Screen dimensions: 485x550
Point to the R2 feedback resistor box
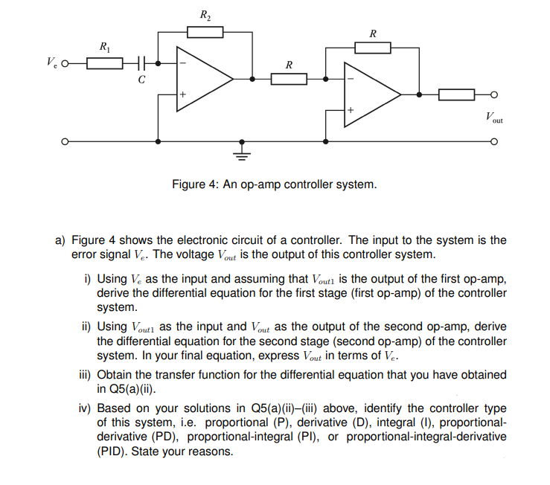tap(205, 31)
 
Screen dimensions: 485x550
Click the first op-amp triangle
tap(202, 78)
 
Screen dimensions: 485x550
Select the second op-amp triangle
tap(370, 94)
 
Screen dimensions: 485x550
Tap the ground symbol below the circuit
tap(240, 154)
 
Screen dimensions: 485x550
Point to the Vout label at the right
tap(494, 117)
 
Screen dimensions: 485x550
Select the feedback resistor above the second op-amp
tap(372, 48)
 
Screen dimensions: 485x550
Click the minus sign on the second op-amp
tap(349, 78)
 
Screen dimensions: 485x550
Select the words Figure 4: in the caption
tap(195, 184)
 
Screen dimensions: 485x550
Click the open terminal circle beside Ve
tap(67, 64)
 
